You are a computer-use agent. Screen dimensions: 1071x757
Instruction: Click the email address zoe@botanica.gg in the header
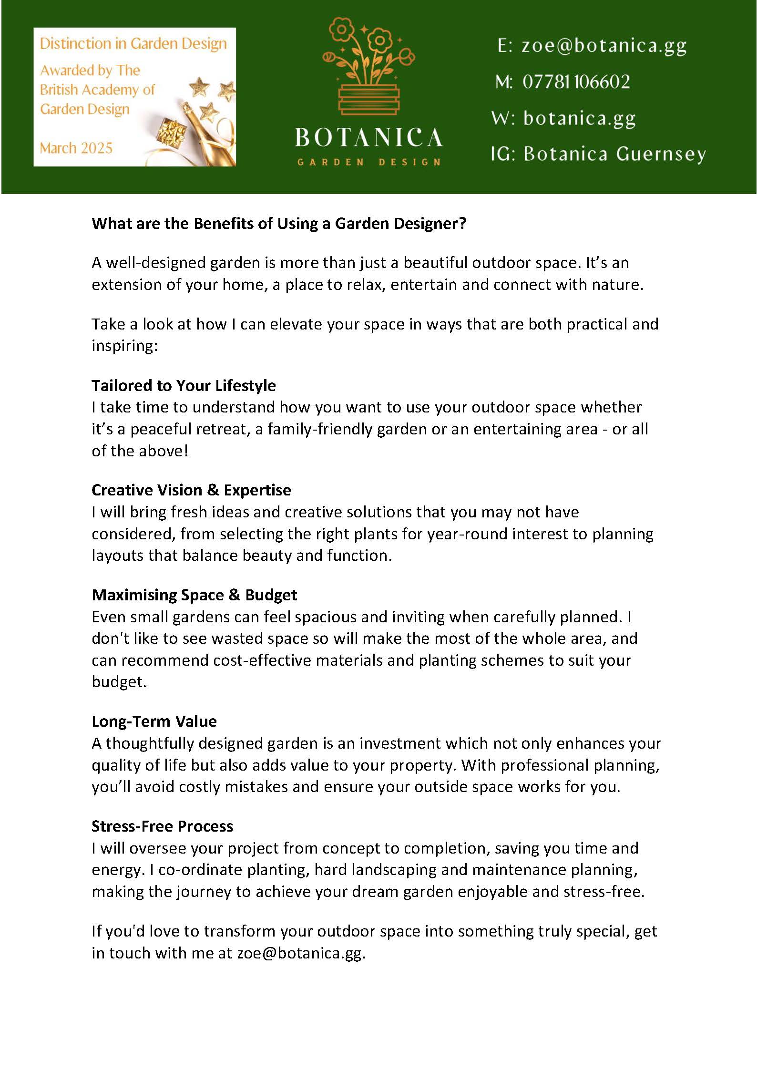point(604,46)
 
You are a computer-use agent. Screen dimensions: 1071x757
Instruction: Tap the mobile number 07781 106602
point(576,82)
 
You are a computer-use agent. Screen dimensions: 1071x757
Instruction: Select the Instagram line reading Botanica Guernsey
point(614,154)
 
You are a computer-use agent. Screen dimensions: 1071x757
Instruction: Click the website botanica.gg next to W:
point(579,118)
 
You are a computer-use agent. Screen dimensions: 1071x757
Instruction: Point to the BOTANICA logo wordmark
point(368,138)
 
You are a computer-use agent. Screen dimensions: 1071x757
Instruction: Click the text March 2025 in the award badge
point(76,148)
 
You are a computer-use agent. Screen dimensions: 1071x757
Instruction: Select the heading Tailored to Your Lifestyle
point(184,385)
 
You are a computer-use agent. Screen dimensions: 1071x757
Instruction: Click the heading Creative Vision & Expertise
point(191,490)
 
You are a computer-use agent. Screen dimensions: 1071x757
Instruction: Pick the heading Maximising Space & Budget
point(194,595)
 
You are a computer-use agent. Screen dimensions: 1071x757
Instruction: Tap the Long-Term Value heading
point(154,721)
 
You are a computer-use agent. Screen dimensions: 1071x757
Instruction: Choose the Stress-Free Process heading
point(162,826)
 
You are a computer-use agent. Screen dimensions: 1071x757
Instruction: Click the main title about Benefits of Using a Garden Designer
point(279,223)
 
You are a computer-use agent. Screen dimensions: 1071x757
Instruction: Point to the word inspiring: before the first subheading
point(124,346)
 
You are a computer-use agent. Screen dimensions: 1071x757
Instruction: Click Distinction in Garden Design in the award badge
point(133,44)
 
